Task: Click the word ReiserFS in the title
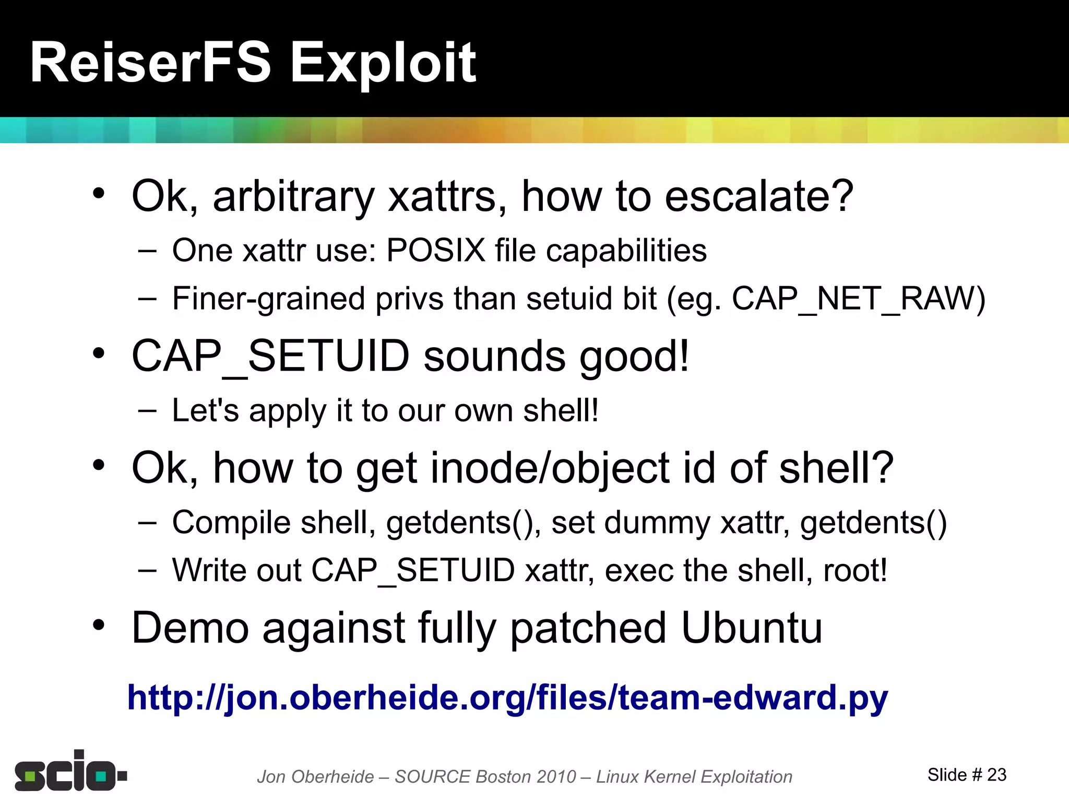click(150, 63)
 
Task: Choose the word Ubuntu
click(752, 628)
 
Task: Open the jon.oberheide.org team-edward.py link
click(507, 698)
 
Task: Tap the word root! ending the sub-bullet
click(855, 570)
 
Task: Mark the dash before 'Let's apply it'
click(147, 410)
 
